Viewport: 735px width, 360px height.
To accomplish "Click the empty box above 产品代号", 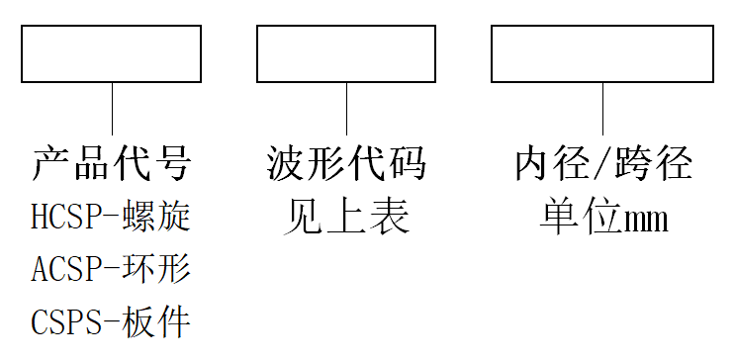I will [x=112, y=53].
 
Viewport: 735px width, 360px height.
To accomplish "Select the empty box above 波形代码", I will [x=346, y=53].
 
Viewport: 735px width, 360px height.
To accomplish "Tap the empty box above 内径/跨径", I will [x=602, y=53].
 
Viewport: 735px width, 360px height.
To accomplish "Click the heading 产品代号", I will [x=112, y=163].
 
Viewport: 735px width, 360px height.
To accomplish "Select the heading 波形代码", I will [x=346, y=163].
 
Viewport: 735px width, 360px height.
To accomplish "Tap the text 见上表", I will [x=346, y=216].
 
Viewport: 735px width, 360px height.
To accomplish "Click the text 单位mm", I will [x=602, y=216].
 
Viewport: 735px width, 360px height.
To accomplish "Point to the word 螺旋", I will [x=158, y=216].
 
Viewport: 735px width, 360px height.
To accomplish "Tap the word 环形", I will [x=158, y=268].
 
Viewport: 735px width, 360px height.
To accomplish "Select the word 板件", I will [x=158, y=321].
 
